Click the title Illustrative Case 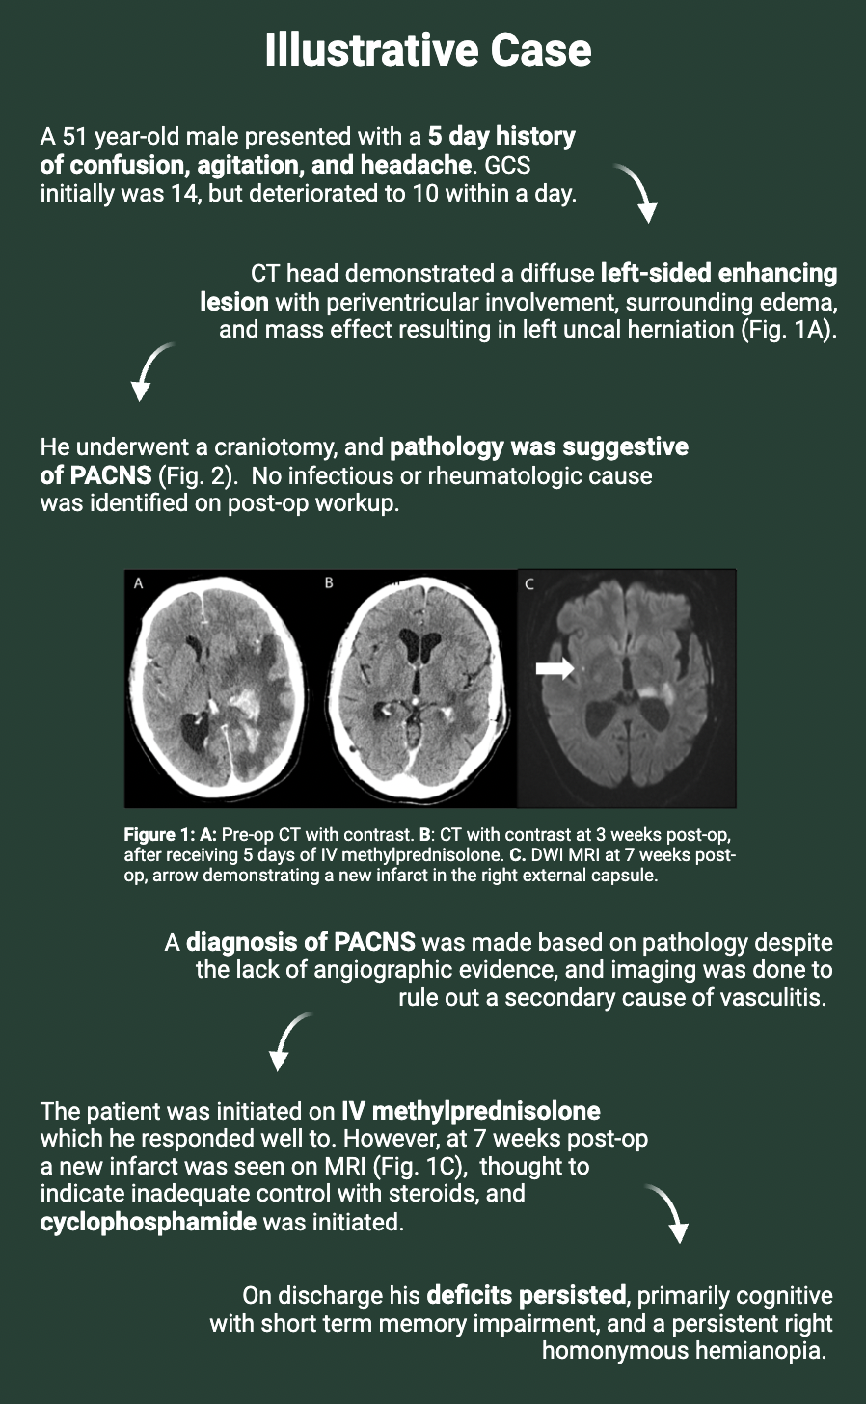[x=428, y=50]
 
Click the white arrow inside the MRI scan [x=555, y=668]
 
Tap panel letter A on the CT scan [x=139, y=583]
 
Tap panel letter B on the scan [x=329, y=582]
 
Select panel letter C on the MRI [x=529, y=584]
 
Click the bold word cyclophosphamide [x=149, y=1222]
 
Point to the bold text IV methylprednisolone [x=472, y=1111]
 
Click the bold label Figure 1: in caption [x=160, y=835]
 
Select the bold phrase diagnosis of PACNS [x=301, y=942]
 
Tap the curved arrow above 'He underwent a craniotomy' [x=149, y=370]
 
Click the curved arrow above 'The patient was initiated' [x=287, y=1040]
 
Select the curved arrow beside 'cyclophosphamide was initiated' [x=670, y=1212]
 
